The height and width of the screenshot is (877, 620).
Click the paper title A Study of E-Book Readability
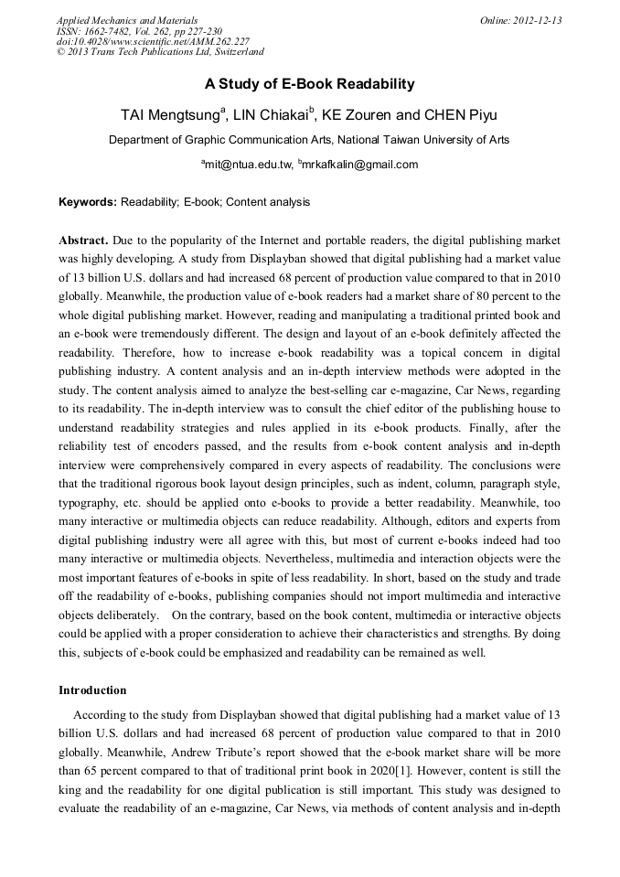pos(309,84)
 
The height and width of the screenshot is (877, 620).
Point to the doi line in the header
pos(153,41)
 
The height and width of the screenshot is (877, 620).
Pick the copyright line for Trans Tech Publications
pos(160,51)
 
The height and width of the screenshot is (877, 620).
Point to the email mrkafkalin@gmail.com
pos(359,165)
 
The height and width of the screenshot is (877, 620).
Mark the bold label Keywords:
pos(88,201)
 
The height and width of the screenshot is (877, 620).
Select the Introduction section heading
pos(92,690)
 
